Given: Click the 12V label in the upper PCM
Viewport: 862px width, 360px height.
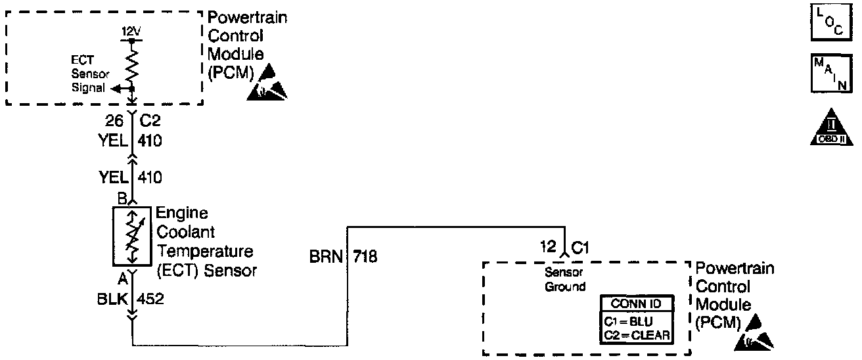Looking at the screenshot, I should coord(132,31).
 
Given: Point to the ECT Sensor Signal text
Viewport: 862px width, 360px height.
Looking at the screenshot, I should coord(87,74).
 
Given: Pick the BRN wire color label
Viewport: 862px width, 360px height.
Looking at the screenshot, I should coord(326,256).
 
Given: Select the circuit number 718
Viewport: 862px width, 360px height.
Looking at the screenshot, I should coord(365,256).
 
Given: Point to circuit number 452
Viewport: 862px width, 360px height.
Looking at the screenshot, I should coord(150,300).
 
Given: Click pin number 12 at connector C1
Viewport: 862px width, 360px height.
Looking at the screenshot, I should coord(547,248).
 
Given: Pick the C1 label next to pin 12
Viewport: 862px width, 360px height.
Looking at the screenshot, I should coord(580,248).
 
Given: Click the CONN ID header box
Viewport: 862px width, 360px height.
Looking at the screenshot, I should coord(637,304).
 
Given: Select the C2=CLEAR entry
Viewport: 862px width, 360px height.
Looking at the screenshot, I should coord(637,335).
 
